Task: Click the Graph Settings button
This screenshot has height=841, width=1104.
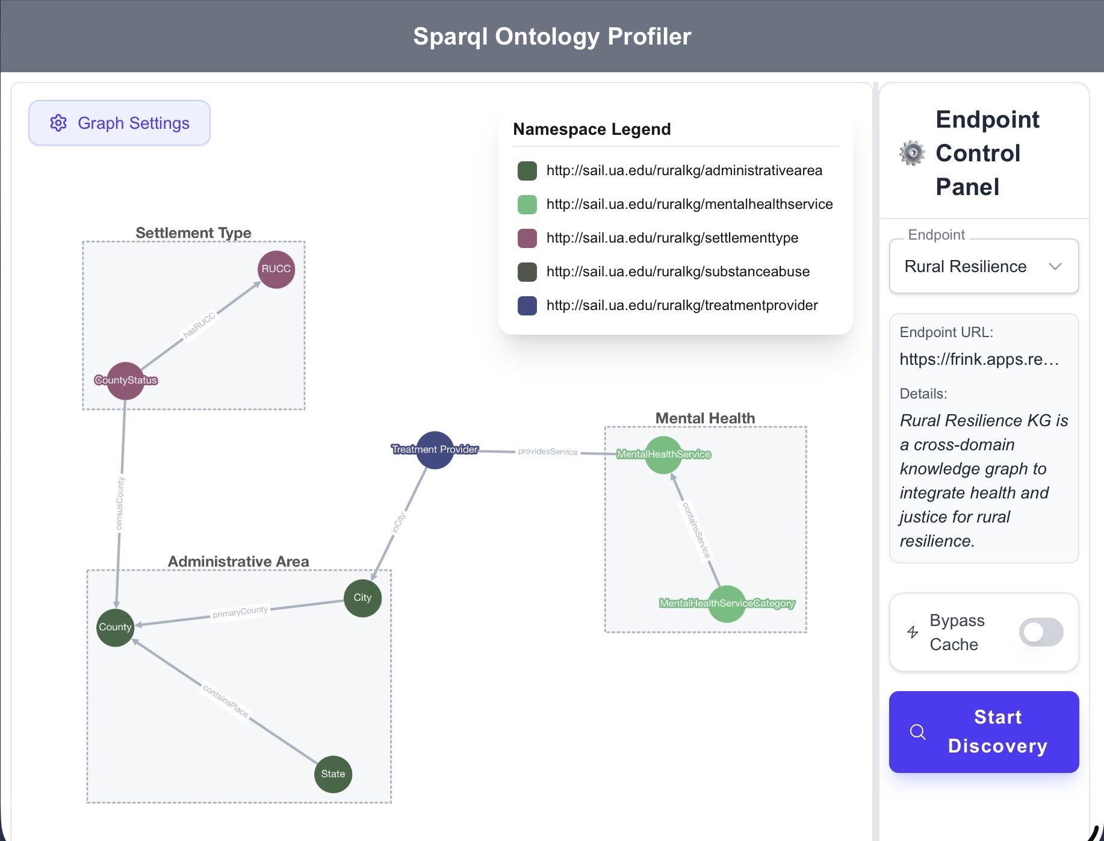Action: click(119, 123)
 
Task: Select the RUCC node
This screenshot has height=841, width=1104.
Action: click(276, 269)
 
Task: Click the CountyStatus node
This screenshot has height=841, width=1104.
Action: click(125, 380)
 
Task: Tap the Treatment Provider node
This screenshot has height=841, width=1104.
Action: click(435, 450)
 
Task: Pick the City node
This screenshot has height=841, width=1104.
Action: click(362, 598)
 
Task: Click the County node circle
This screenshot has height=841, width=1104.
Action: click(115, 627)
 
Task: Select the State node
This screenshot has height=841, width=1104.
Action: click(333, 774)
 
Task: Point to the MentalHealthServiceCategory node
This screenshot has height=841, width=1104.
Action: click(727, 603)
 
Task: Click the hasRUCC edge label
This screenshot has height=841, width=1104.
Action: click(199, 325)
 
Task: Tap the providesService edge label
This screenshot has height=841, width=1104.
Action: click(548, 452)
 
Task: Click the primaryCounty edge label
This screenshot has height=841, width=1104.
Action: click(240, 612)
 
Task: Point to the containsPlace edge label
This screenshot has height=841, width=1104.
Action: click(226, 701)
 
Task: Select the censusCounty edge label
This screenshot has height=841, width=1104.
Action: click(120, 503)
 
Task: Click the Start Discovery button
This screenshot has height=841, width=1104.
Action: click(984, 731)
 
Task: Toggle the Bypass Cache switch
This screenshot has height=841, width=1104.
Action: click(1041, 632)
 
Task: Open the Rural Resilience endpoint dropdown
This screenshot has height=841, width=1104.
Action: click(984, 267)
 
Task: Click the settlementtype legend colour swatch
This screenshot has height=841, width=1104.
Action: click(527, 238)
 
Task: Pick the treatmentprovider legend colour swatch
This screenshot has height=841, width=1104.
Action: click(527, 306)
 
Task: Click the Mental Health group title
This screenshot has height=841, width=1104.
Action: click(705, 418)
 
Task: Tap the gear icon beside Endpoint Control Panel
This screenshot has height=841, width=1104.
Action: click(912, 153)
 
